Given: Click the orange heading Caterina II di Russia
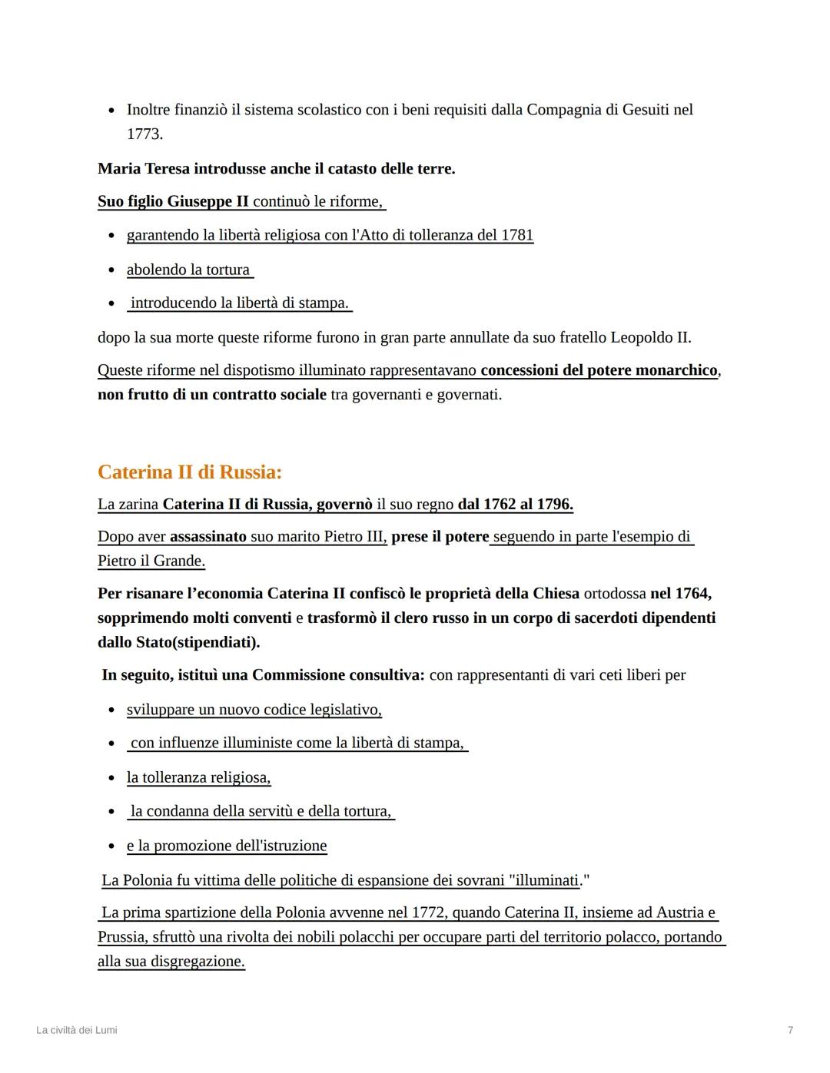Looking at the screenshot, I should coord(190,472).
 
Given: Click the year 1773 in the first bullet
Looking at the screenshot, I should coord(144,134).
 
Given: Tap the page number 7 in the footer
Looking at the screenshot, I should coord(790,1030).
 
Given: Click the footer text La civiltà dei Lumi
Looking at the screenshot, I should coord(77,1030).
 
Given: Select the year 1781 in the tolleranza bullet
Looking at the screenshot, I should coord(516,235).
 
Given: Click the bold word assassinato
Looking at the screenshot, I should coord(207,537).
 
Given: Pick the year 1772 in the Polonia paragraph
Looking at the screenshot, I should coord(429,912).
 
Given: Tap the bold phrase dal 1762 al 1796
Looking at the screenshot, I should coord(515,505).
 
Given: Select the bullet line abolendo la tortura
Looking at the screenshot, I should coord(188,270).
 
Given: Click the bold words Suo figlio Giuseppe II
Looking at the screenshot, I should coord(173,202).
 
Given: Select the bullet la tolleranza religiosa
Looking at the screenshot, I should coord(198,777).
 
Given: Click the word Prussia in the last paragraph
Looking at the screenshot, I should coord(122,937).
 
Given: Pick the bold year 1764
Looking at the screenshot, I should coord(692,594).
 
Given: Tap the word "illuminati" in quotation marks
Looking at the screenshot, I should coord(544,880).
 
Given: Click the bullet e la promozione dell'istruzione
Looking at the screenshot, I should coord(227,846).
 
